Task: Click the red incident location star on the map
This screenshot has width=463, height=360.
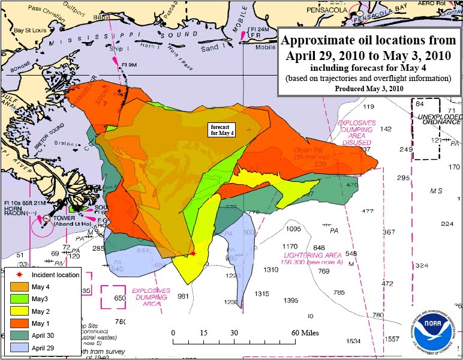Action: pos(193,254)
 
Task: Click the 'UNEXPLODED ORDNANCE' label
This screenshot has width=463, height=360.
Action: pos(440,120)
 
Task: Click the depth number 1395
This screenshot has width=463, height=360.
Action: pos(291,300)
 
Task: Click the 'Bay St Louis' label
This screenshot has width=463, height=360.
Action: pos(31,29)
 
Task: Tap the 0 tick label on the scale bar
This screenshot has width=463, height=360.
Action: pos(173,333)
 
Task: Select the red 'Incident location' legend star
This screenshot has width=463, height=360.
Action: pos(19,274)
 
